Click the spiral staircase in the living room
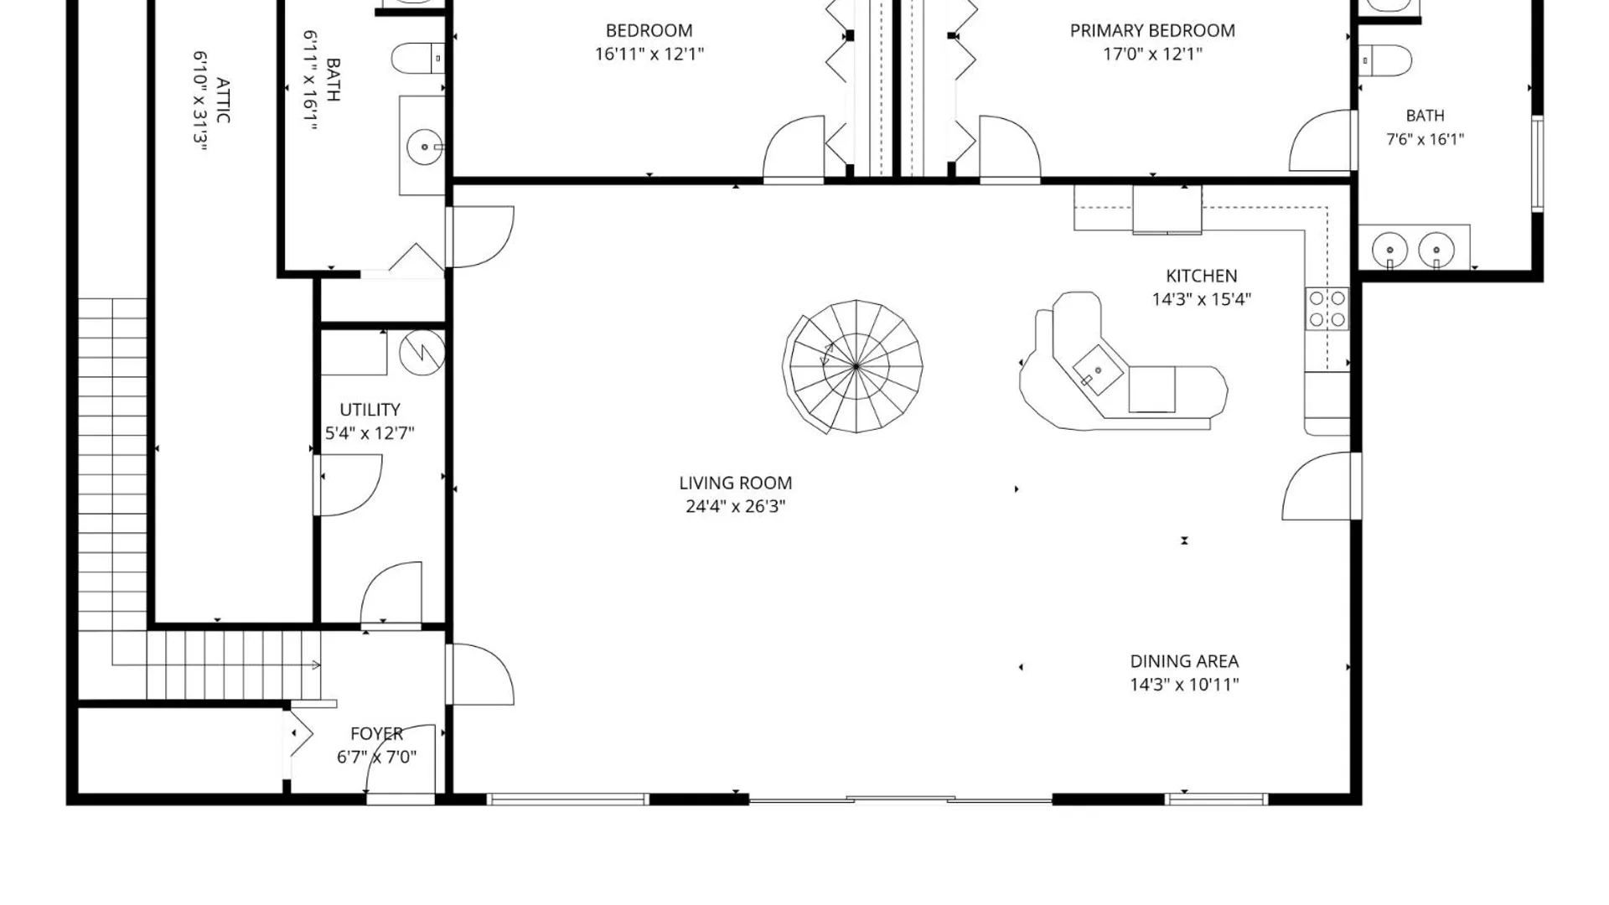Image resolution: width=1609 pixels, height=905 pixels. [x=853, y=366]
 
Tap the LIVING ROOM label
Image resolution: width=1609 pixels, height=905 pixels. [x=735, y=483]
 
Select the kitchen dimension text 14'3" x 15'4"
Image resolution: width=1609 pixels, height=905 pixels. [x=1201, y=299]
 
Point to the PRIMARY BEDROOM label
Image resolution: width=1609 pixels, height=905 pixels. [x=1152, y=31]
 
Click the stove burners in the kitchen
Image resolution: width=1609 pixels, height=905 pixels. [x=1327, y=308]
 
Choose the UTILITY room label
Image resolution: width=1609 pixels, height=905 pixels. [x=370, y=410]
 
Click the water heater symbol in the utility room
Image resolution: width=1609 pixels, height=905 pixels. [x=422, y=353]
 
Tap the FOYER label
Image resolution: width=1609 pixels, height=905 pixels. [x=376, y=734]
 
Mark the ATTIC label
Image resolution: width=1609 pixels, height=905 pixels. [x=223, y=101]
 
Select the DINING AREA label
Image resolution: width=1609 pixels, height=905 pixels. [x=1184, y=661]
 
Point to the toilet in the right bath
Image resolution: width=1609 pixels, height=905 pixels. [x=1385, y=60]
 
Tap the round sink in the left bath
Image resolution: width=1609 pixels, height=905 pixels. [x=424, y=147]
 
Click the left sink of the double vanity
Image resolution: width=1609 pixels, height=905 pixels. [x=1389, y=250]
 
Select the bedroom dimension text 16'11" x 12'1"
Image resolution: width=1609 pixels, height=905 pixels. [x=649, y=54]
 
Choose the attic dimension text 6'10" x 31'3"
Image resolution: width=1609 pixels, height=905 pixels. [x=200, y=101]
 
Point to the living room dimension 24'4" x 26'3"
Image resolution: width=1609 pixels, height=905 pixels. [x=735, y=506]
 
